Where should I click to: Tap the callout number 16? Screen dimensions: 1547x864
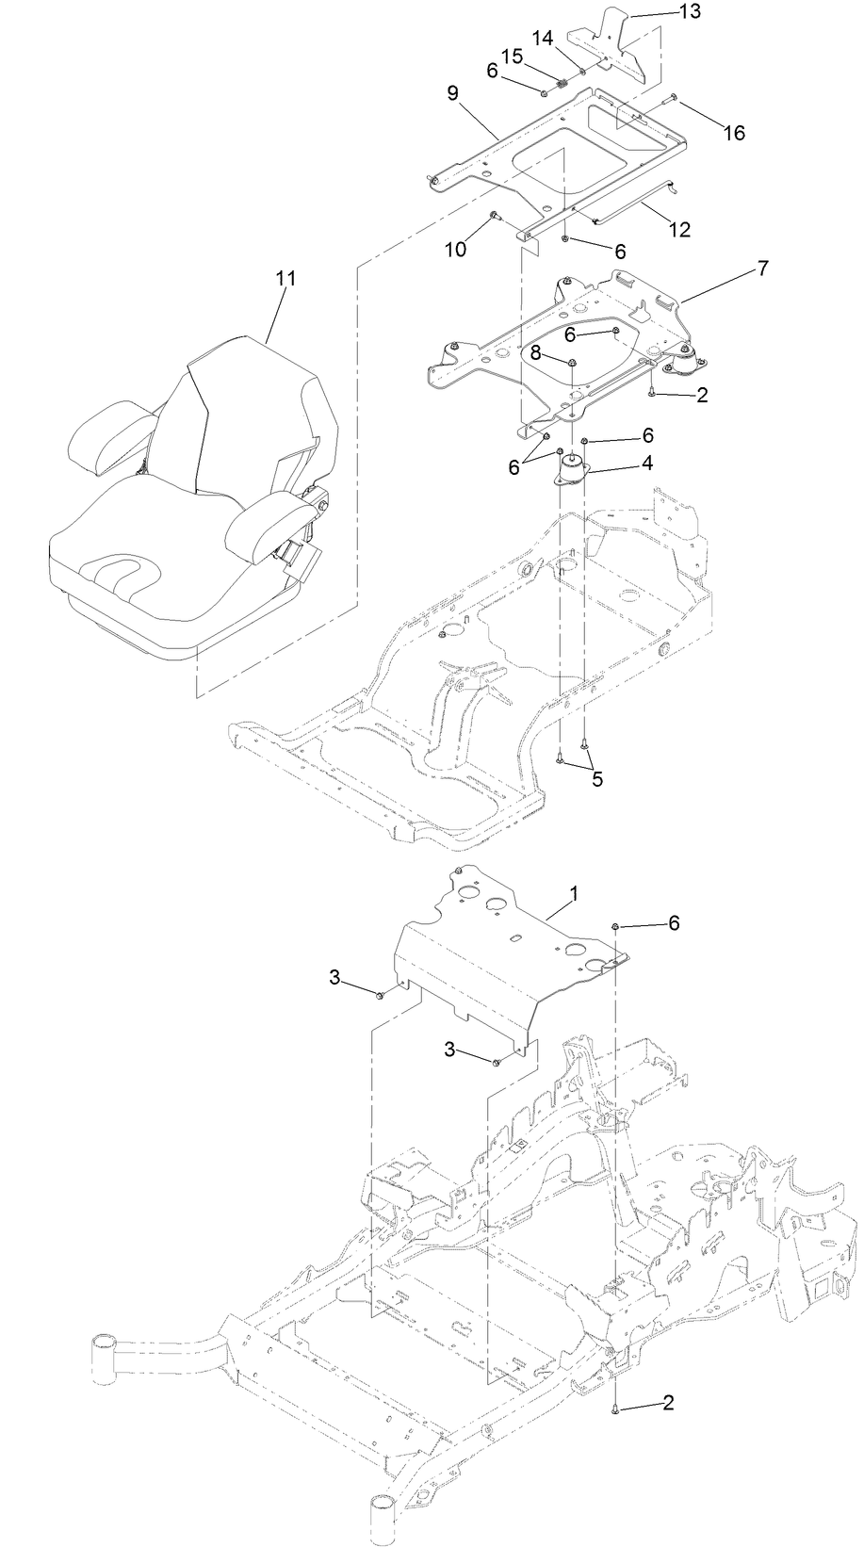point(734,133)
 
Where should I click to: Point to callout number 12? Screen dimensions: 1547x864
point(678,229)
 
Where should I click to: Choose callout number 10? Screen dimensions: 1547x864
point(456,249)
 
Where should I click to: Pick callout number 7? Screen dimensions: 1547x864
point(761,269)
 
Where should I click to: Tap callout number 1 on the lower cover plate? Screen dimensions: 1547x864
point(575,891)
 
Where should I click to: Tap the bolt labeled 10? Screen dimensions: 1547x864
point(494,219)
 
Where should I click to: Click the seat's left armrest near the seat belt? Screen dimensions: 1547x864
point(268,522)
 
